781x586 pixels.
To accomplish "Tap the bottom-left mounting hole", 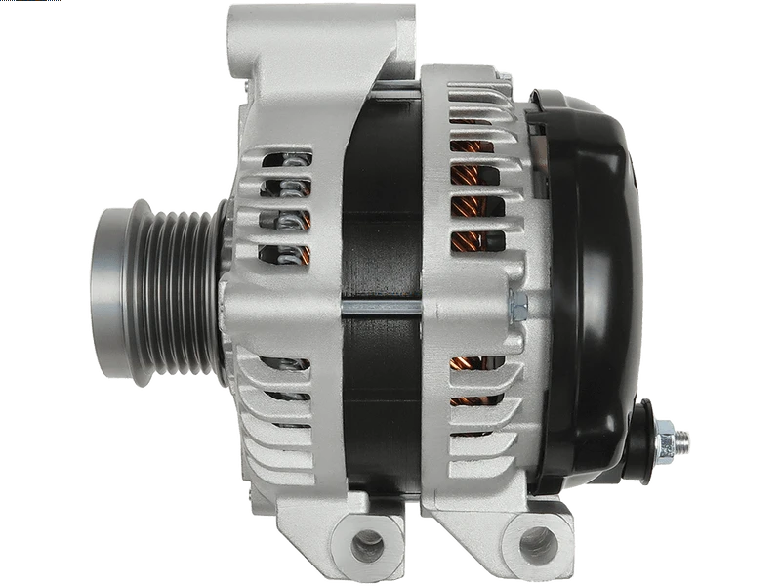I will coord(367,543).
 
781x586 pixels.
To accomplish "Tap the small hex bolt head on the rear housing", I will coord(517,304).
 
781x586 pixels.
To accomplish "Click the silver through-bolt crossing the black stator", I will coord(381,306).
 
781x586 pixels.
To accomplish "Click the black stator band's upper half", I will coord(381,195).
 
